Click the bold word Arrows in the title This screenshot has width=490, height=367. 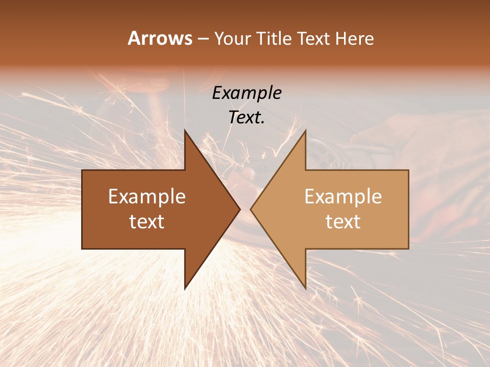160,38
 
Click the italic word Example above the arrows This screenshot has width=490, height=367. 247,93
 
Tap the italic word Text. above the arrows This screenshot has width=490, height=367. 247,117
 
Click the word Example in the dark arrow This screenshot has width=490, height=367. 147,197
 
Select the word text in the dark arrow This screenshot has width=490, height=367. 147,221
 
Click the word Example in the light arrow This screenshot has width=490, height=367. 343,197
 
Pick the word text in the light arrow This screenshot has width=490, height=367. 343,221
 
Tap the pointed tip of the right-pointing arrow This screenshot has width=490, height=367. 240,209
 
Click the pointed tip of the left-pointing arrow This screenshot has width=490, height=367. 251,209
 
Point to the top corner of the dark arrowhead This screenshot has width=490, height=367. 185,130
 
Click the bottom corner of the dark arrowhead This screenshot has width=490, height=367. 185,289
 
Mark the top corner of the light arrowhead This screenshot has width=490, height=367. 305,130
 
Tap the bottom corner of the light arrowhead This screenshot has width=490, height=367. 305,289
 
